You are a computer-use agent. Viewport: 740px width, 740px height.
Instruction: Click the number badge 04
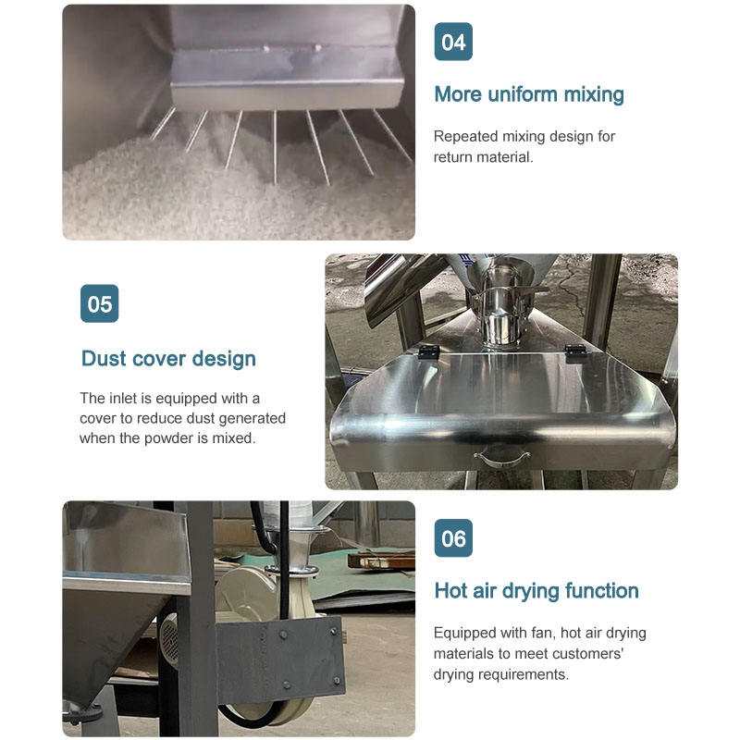pos(453,42)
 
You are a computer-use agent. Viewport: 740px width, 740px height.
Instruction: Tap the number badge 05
pos(100,303)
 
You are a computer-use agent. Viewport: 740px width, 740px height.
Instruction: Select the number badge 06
pos(453,538)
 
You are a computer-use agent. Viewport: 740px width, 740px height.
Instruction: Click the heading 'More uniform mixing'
pos(529,94)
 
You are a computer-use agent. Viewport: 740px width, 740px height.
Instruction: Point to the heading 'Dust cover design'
pos(168,359)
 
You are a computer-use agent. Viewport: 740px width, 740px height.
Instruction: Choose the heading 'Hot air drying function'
pos(536,591)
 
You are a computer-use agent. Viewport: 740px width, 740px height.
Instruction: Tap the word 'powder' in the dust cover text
pos(168,438)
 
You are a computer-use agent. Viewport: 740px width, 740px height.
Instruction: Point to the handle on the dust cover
pos(501,458)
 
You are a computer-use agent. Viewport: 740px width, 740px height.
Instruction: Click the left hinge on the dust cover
pos(428,351)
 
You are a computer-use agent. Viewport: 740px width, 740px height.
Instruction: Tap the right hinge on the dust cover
pos(576,351)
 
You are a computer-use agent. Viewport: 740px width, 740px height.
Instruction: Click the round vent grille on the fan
pos(169,639)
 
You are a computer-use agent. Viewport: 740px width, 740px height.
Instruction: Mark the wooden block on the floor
pos(381,561)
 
